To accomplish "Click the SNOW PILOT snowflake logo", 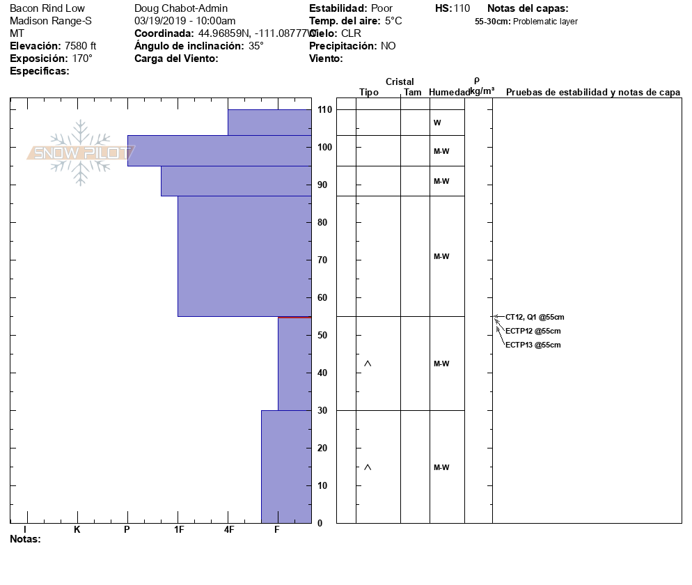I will (81, 153).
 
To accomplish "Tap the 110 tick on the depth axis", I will (324, 110).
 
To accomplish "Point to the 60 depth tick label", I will (324, 298).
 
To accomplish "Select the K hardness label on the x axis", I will (77, 530).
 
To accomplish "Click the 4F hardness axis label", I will (229, 530).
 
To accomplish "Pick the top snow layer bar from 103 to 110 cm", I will (269, 123).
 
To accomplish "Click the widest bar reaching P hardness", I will (219, 150).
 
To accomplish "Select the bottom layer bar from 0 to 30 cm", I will (285, 467).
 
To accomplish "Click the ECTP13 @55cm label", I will (533, 345).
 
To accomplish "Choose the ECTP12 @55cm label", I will (533, 331).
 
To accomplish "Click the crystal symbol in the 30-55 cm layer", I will (368, 364).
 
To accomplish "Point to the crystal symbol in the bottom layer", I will (368, 467).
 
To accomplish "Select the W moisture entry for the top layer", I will (437, 123).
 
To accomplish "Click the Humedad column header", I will (450, 93).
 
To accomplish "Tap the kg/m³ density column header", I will (482, 91).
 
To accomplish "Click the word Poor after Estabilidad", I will (382, 8).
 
